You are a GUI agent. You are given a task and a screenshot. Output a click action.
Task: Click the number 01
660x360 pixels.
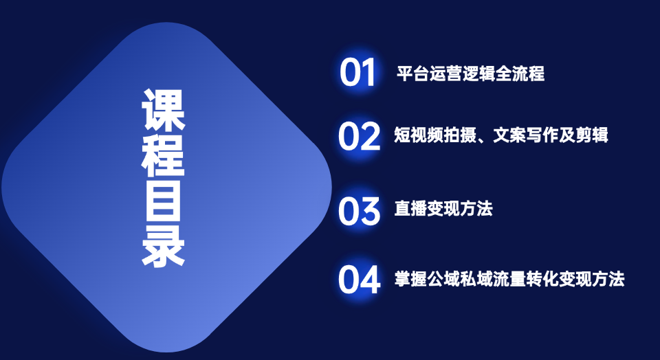coord(357,72)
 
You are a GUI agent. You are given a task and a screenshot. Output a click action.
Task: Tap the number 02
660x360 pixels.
coord(359,136)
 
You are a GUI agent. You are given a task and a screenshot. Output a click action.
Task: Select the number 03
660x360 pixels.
coord(359,211)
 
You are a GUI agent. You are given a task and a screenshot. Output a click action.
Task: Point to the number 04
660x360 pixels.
coord(360,279)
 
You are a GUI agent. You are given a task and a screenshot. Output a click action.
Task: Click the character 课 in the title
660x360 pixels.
coord(164,110)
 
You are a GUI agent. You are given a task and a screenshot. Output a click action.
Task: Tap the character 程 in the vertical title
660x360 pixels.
coord(164,155)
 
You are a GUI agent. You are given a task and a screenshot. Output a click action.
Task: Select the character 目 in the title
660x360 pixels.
coord(164,201)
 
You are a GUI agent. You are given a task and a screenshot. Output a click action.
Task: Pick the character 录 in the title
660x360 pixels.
coord(164,245)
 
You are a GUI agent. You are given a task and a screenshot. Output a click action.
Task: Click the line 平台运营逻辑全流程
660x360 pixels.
coord(470,74)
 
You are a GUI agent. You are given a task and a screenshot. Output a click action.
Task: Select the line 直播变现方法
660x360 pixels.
coord(443,209)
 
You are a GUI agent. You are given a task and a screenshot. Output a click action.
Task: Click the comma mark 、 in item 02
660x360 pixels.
coord(483,139)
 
